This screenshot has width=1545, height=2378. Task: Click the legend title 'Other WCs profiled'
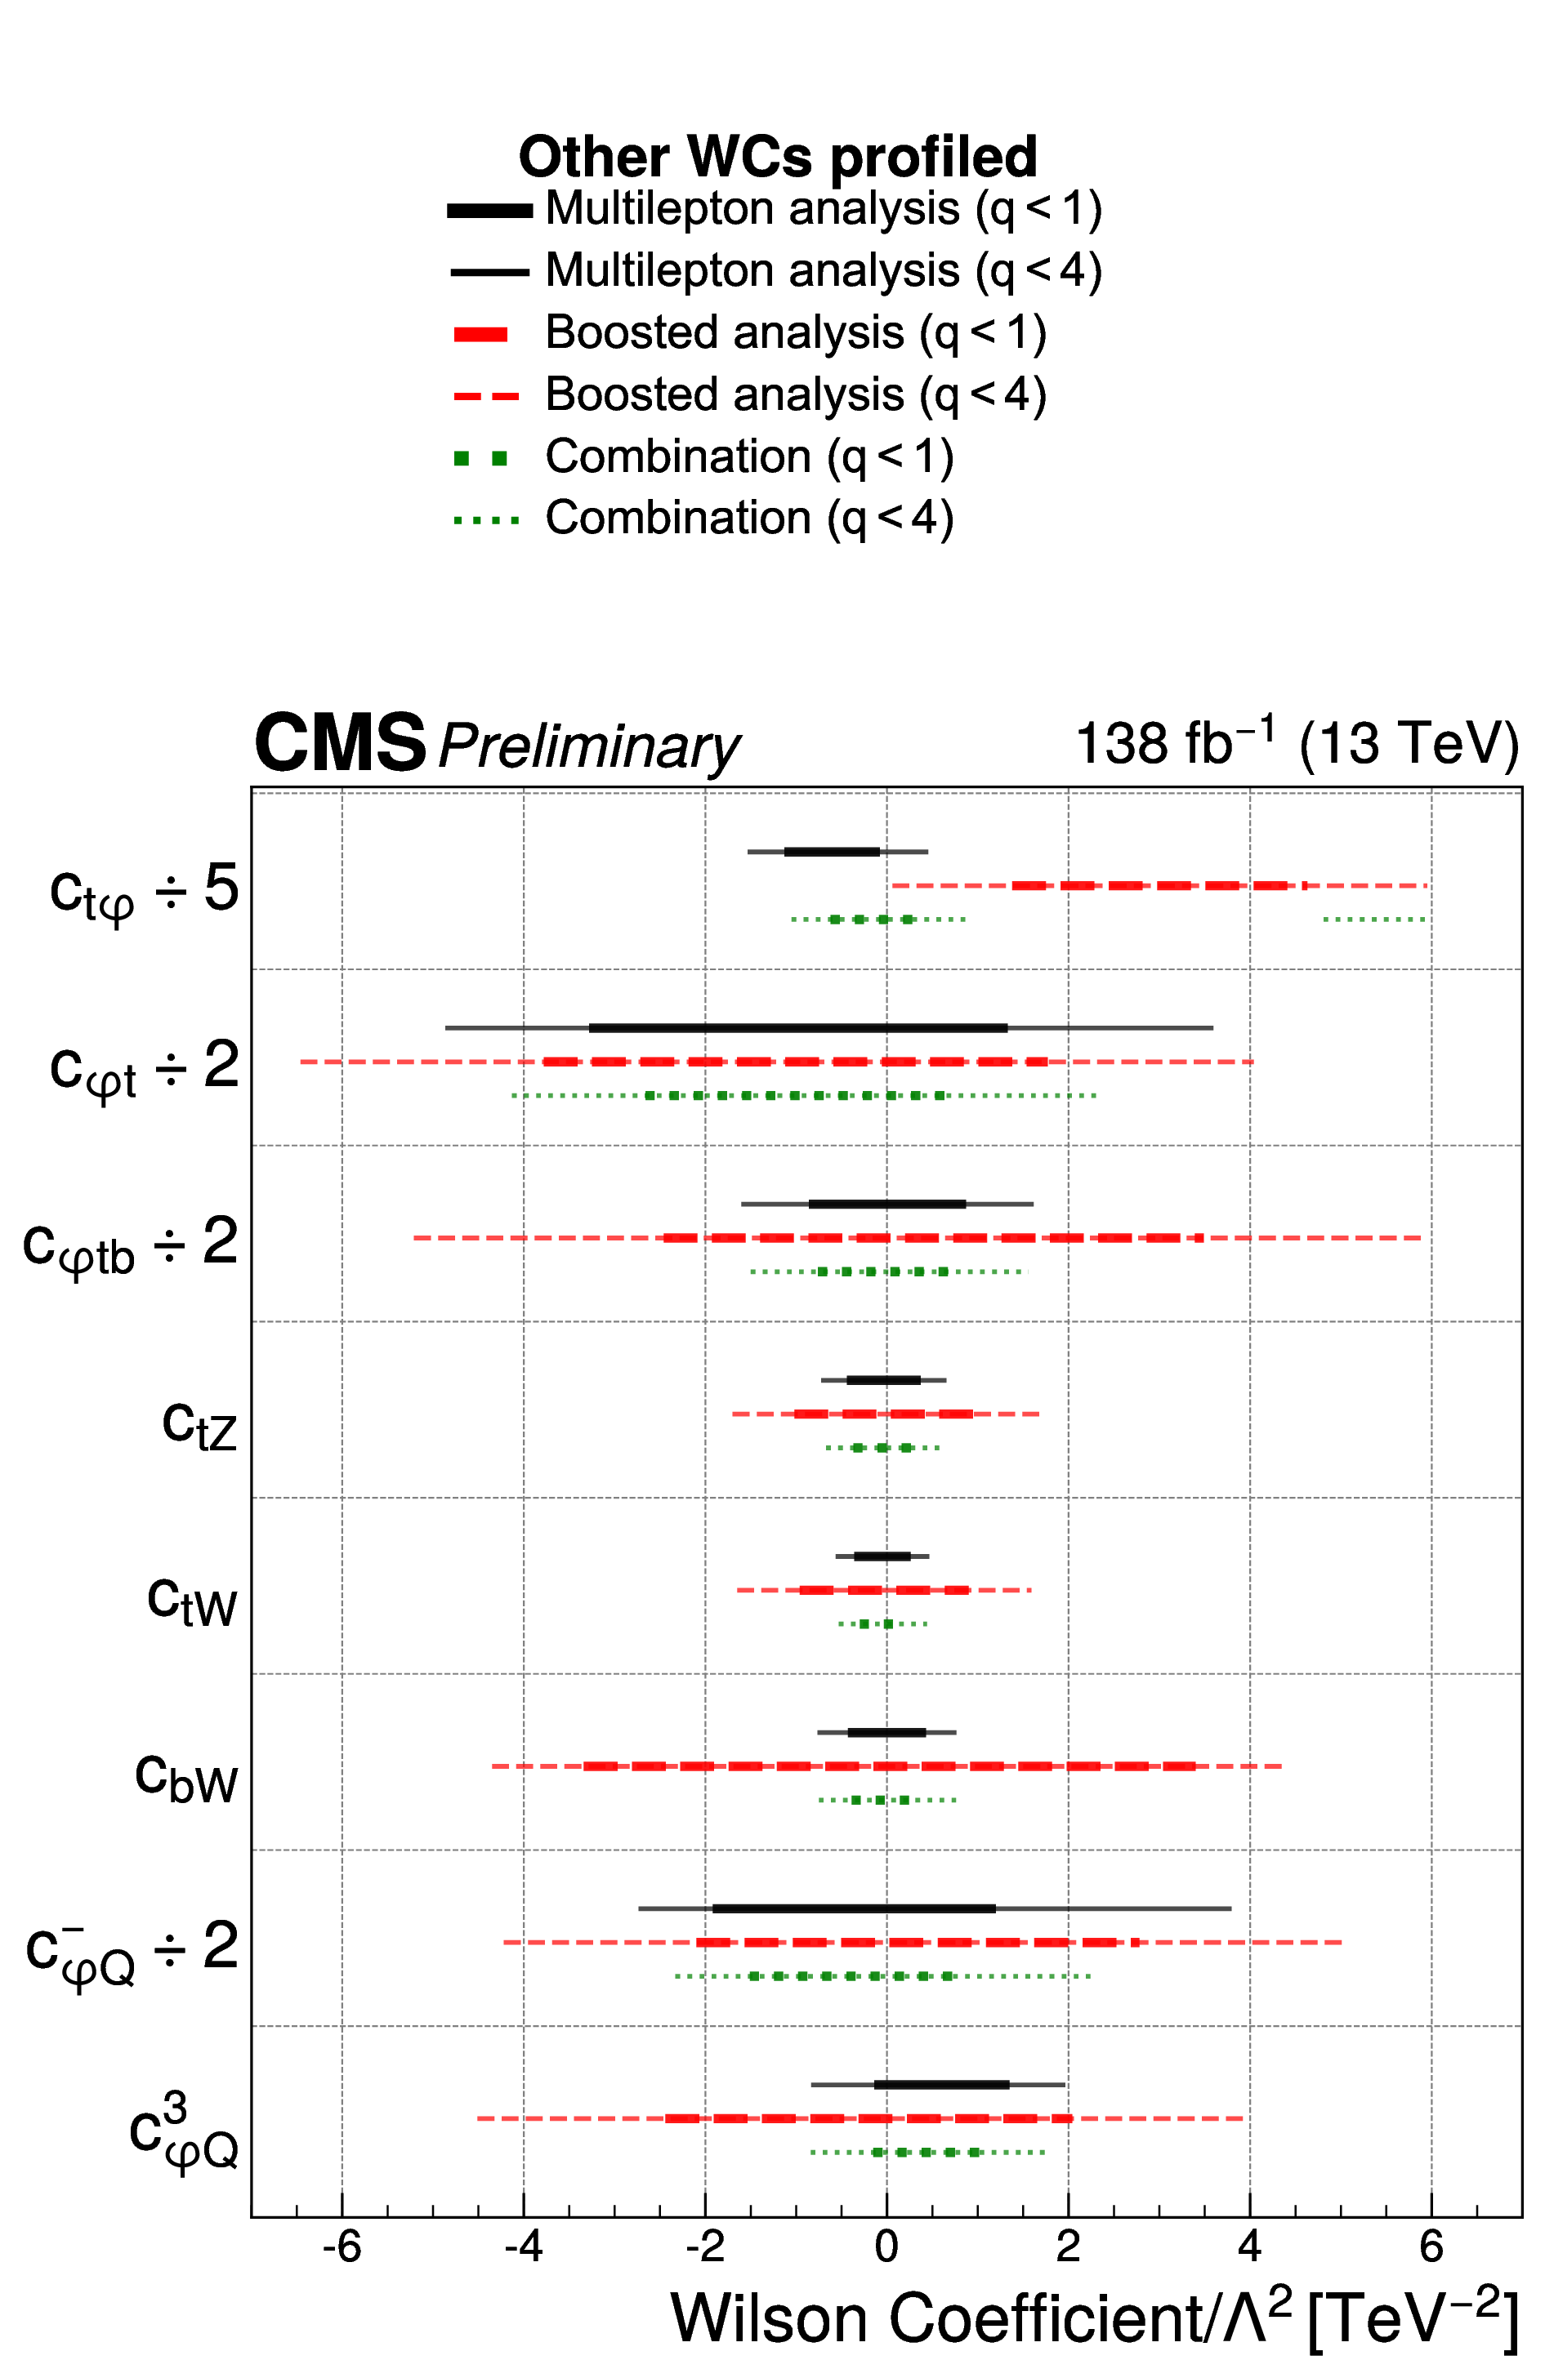pos(778,157)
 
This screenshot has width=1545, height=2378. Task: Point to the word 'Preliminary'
pos(588,746)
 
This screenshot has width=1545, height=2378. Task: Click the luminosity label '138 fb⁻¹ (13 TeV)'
pos(1296,745)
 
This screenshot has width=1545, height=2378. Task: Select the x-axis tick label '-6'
pos(342,2248)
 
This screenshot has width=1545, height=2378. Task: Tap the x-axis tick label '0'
pos(886,2248)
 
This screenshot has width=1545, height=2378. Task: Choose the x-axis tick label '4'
pos(1249,2248)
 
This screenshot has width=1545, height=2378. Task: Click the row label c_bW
pos(187,1779)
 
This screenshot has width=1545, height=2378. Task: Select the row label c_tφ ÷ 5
pos(145,890)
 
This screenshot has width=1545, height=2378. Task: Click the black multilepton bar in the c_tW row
pos(882,1556)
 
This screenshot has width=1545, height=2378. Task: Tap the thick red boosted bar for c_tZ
pos(883,1414)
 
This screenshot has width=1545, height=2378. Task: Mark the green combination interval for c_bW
pos(886,1801)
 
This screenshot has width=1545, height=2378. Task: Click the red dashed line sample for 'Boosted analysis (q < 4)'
pos(487,397)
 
